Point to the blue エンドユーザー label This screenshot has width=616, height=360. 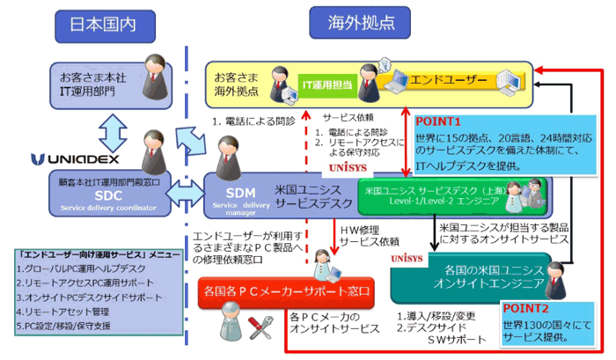453,80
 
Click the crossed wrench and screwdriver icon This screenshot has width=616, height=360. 258,327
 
